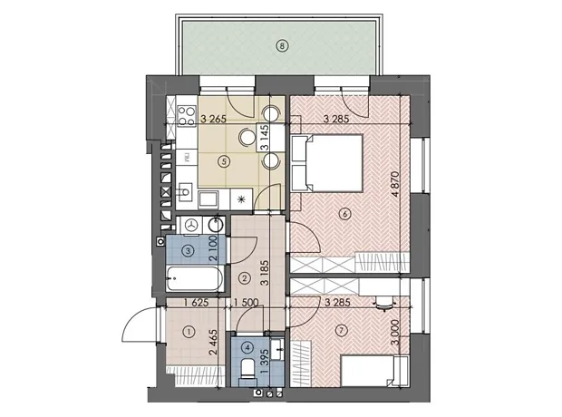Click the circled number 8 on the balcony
pos(283,45)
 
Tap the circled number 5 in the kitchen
pos(224,161)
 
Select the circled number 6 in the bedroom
pos(344,215)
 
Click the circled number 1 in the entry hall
pos(189,332)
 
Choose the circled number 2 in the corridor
pos(245,278)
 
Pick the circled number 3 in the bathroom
pos(189,250)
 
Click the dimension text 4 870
pos(396,184)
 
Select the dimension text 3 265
pos(213,119)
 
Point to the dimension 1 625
pos(196,303)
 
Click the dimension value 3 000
pos(395,333)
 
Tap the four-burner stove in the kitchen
pos(187,116)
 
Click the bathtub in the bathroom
pos(194,278)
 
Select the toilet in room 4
pos(247,368)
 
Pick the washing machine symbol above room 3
pos(192,225)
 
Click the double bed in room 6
pos(327,163)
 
